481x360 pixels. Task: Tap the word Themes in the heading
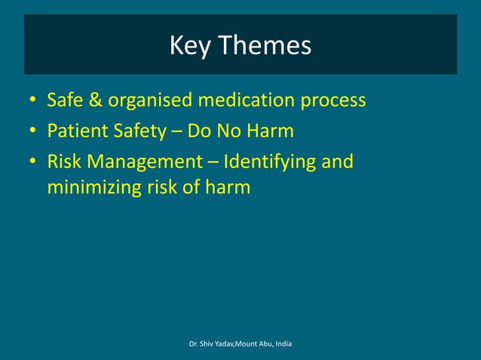coord(264,46)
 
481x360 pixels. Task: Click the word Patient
coord(73,132)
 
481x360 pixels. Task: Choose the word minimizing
coord(89,186)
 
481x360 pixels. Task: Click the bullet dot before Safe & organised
coord(32,100)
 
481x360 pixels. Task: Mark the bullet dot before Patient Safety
coord(32,133)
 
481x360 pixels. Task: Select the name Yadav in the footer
coord(224,344)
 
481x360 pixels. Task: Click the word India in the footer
coord(284,344)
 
